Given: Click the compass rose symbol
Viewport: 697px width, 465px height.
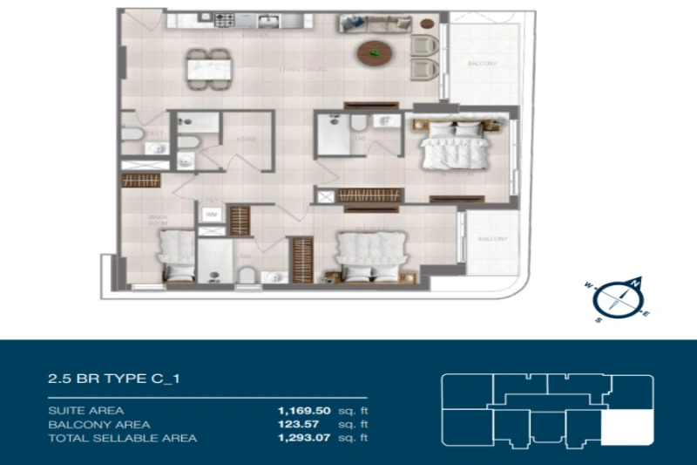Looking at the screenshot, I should (618, 299).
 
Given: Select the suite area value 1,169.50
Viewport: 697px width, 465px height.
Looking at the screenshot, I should (304, 409).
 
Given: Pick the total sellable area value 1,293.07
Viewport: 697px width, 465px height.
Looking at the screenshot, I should (304, 437).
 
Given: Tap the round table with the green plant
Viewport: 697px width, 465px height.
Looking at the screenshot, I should (376, 53).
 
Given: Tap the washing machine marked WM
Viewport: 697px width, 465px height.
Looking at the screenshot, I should (211, 213).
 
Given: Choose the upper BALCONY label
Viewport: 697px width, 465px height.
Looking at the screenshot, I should (482, 65).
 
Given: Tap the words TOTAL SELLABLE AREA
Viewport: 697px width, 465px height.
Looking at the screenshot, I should (123, 437).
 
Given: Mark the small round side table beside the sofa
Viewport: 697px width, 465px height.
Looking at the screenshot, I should (426, 24).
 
